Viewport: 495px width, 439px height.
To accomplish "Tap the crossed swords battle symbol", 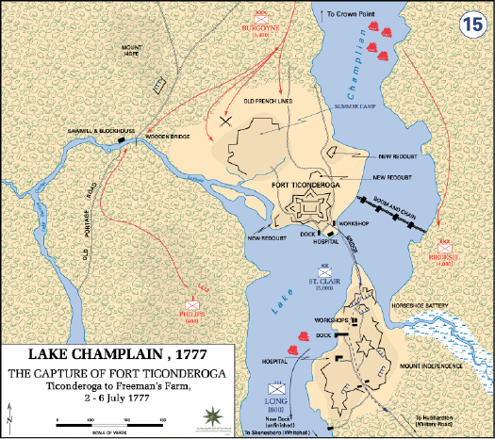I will point(226,120).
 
